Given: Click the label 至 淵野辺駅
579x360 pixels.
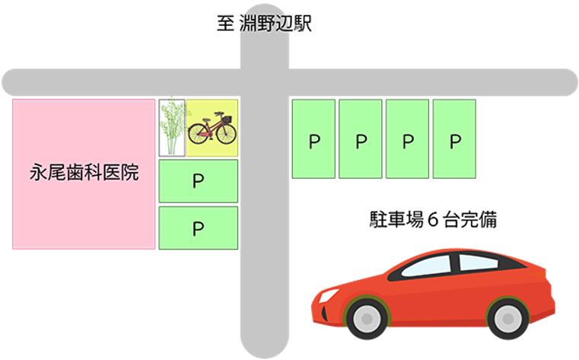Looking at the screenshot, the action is click(264, 23).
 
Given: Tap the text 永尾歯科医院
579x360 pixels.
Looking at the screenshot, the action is click(84, 173).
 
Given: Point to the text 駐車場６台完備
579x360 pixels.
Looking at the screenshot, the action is click(433, 220).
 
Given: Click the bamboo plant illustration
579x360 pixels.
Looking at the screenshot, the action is click(172, 127).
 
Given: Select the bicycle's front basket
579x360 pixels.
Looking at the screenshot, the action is click(227, 119).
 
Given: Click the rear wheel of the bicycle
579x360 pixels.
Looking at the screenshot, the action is click(199, 133).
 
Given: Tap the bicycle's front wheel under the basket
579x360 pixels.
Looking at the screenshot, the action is click(227, 134).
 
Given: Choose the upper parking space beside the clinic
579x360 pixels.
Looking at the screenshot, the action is click(199, 181).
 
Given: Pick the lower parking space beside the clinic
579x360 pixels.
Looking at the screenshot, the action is click(199, 228).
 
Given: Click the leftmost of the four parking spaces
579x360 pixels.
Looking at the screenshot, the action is click(314, 139).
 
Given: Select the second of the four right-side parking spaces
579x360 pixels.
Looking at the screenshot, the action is click(361, 139).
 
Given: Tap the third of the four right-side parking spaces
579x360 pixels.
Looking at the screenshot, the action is click(407, 139).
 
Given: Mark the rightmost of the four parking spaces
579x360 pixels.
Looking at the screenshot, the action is click(454, 139).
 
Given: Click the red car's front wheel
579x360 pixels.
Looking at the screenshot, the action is click(367, 319).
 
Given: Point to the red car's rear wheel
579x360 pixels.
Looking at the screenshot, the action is click(507, 319).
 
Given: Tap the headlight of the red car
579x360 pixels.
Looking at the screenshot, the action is click(328, 295).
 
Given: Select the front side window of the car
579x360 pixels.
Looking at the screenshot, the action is click(427, 266).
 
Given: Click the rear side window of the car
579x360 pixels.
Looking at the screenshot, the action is click(479, 262).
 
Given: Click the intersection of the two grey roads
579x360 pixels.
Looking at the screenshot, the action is click(264, 82).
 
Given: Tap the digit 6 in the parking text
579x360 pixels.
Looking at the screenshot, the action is click(433, 220).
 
